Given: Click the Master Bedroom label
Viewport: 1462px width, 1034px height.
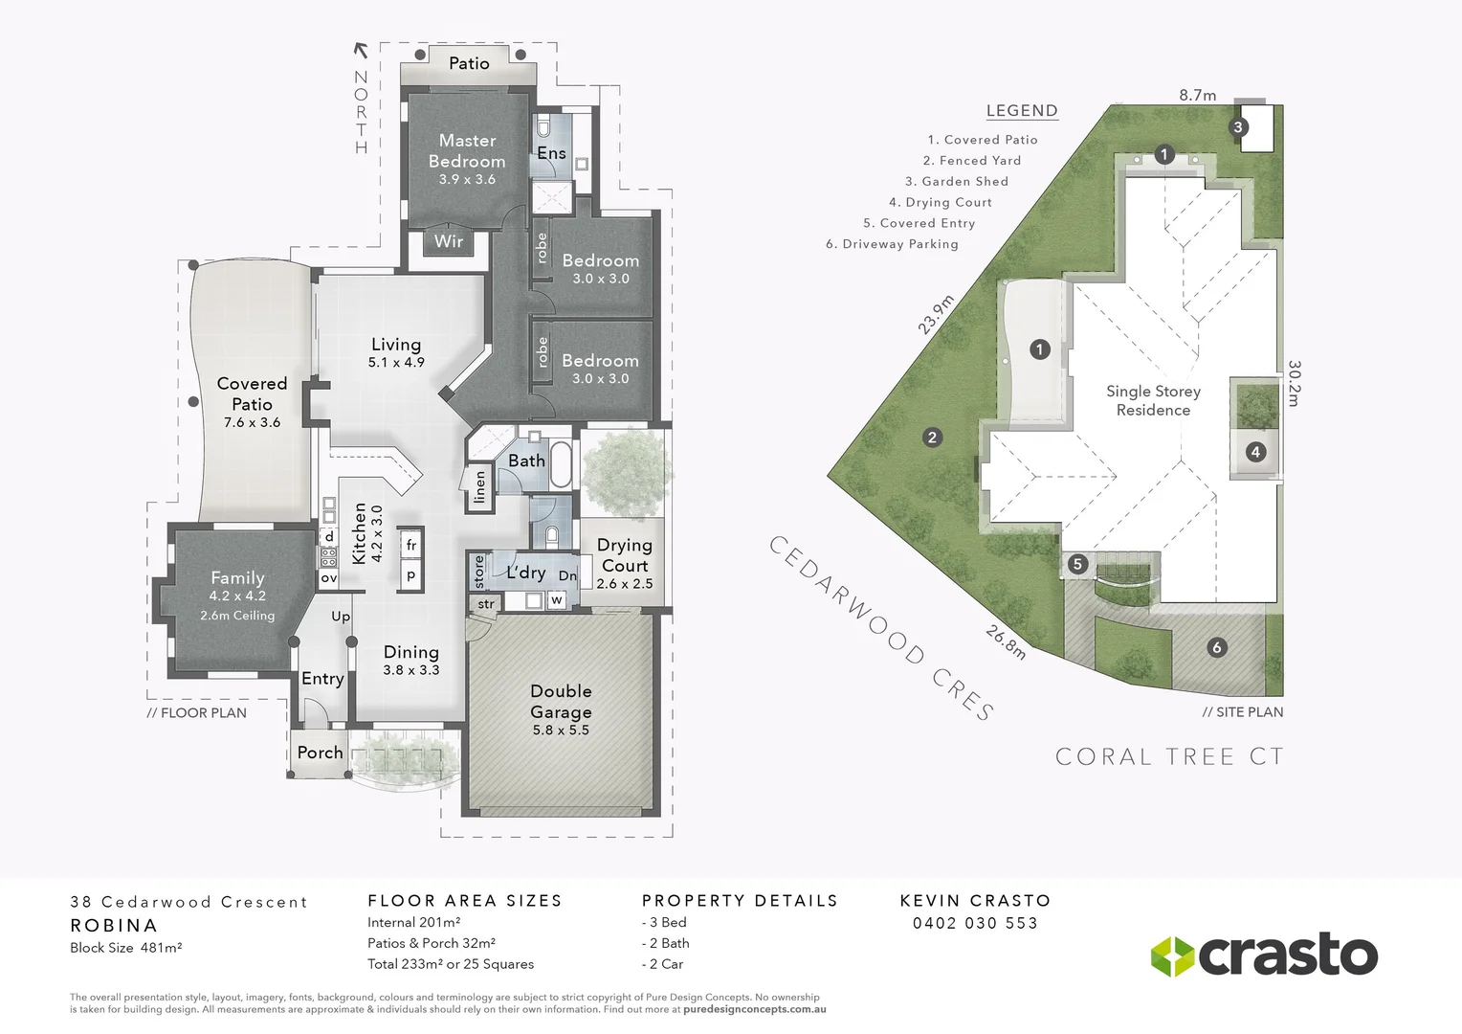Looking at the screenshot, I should [x=467, y=151].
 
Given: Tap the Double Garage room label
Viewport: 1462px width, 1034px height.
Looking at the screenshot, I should [x=561, y=702].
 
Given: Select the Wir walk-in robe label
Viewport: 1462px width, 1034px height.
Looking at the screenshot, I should [x=449, y=241].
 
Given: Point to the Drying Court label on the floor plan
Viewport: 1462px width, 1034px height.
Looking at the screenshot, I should [x=624, y=555].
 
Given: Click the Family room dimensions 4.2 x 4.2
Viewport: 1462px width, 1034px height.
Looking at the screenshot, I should [x=237, y=596].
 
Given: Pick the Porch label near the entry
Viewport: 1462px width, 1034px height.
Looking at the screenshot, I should [x=320, y=753].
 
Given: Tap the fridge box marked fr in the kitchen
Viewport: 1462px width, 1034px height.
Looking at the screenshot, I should [x=411, y=545].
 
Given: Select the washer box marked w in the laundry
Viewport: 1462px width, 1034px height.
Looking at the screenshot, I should [x=556, y=600].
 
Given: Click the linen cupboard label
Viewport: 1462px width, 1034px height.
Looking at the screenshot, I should [x=480, y=487].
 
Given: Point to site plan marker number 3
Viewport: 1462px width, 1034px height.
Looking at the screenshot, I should [x=1237, y=127].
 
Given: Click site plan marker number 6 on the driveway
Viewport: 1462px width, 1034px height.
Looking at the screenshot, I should [x=1217, y=648].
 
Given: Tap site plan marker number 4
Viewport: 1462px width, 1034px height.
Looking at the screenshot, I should [x=1255, y=452].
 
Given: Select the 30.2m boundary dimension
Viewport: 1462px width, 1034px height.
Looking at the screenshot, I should [x=1294, y=383].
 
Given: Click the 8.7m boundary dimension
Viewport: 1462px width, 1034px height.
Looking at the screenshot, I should [x=1197, y=95].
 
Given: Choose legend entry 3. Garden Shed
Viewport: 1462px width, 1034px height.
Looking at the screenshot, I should [x=956, y=181].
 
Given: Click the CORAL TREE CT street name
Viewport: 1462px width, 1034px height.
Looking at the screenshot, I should [x=1168, y=756].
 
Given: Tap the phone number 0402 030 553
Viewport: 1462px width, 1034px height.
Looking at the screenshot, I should [x=975, y=923].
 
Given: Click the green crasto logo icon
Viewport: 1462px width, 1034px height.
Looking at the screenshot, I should [x=1171, y=956].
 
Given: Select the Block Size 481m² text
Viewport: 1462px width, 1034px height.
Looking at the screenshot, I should [x=125, y=948].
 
